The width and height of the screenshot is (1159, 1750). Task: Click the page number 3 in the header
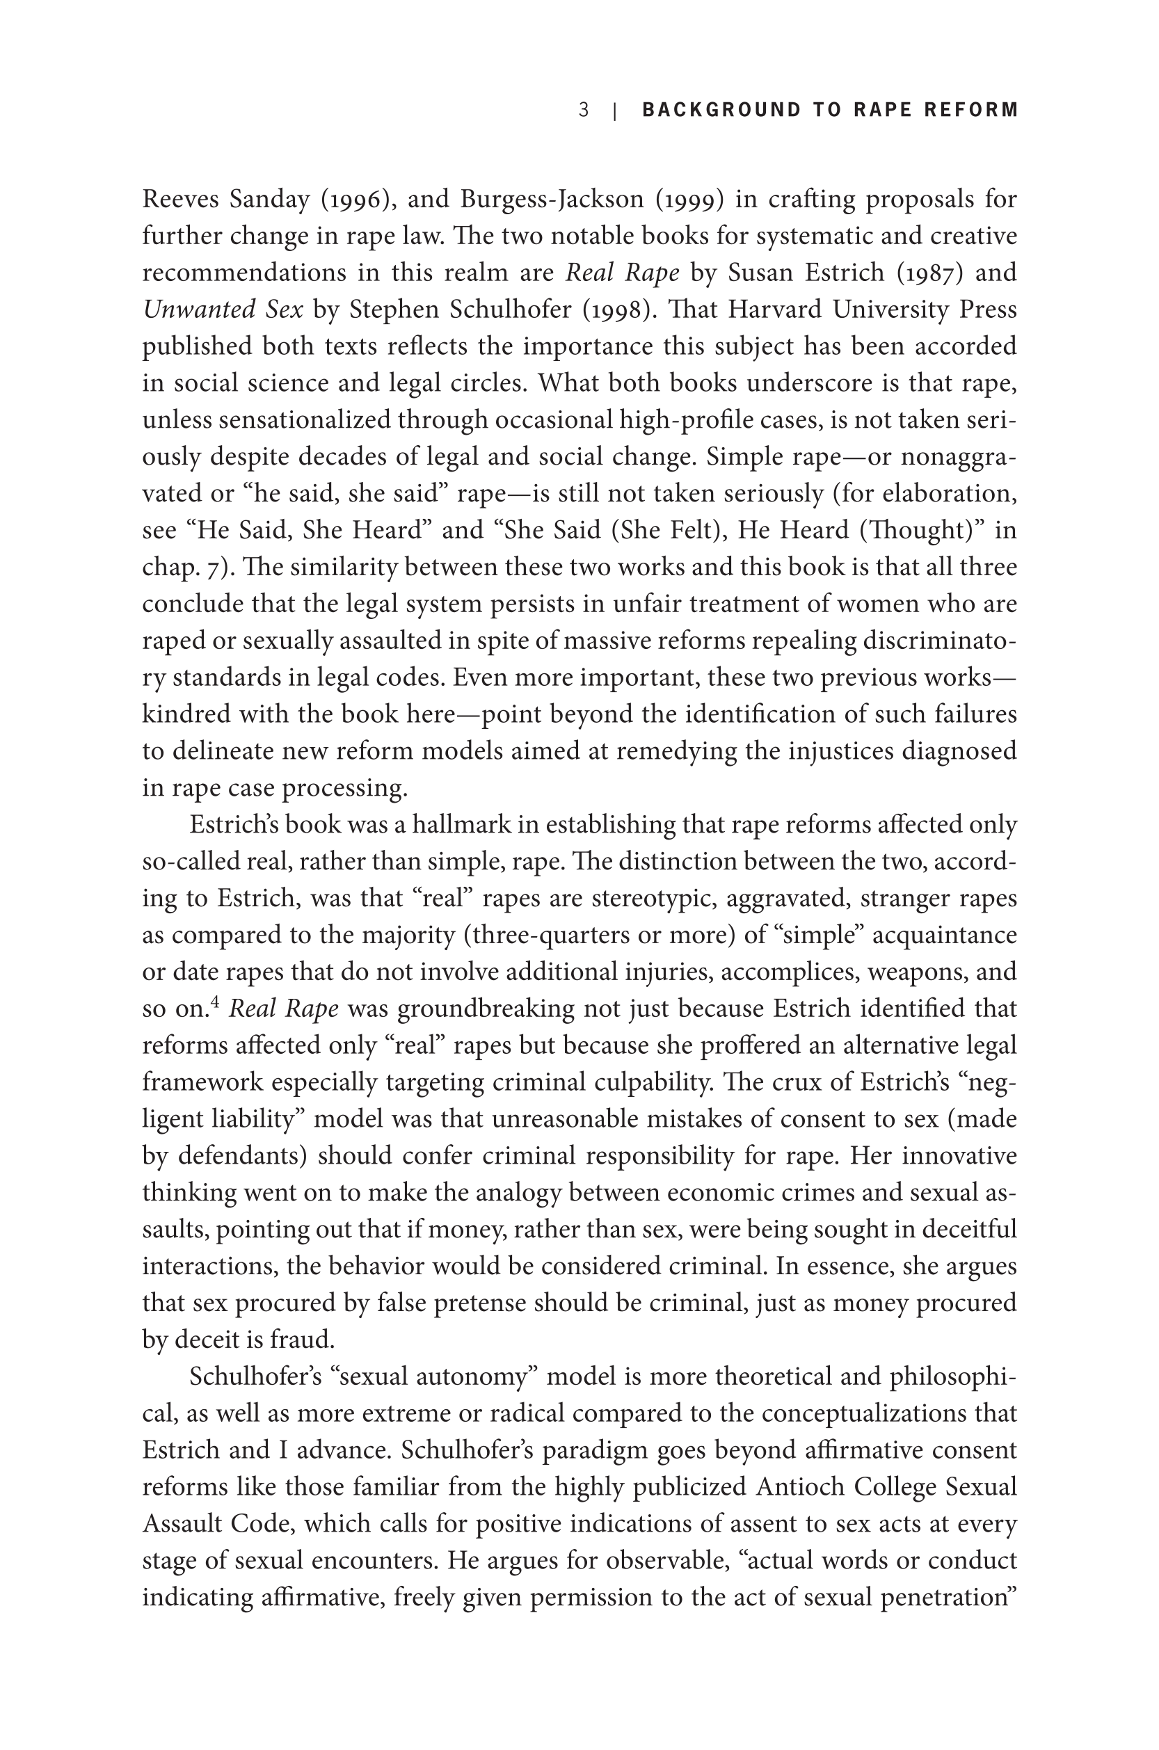pyautogui.click(x=584, y=110)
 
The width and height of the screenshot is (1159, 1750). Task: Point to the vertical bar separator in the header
pyautogui.click(x=615, y=111)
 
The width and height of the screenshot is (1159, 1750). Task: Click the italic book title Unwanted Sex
pyautogui.click(x=223, y=310)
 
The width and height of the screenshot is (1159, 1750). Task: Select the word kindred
pyautogui.click(x=177, y=714)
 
